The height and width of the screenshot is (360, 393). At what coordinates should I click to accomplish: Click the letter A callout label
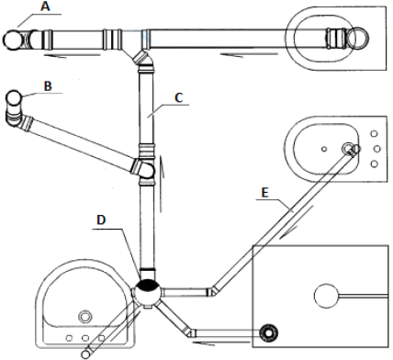[45, 6]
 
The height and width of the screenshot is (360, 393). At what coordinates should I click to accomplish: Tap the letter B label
[48, 86]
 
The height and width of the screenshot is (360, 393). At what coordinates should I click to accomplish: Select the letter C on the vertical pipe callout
[179, 97]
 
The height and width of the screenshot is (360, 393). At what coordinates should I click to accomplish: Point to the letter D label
[101, 219]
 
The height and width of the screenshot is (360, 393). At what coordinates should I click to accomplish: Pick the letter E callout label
[265, 193]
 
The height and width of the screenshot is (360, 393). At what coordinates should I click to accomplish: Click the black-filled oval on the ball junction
[148, 285]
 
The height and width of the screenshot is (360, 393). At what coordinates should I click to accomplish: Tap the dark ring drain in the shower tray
[268, 333]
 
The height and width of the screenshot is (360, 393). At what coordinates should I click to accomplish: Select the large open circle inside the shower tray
[327, 296]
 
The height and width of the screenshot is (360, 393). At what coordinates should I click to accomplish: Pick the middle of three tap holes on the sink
[85, 338]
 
